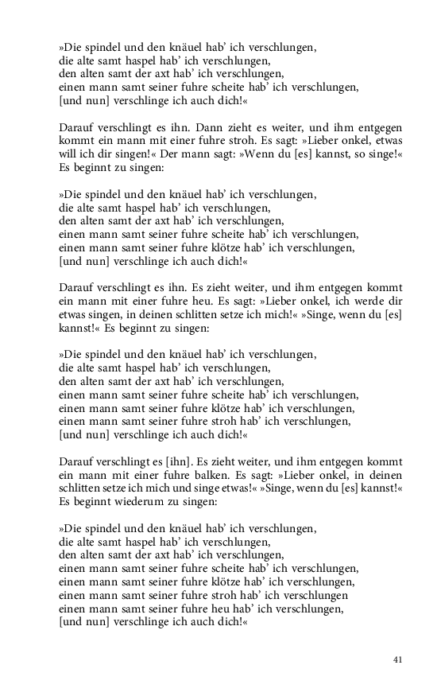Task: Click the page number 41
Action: pyautogui.click(x=398, y=659)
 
